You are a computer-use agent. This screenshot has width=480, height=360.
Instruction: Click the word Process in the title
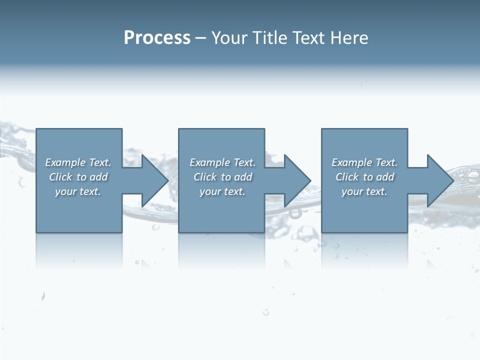[x=157, y=38]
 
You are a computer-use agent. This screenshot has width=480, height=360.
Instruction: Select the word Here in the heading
[x=350, y=38]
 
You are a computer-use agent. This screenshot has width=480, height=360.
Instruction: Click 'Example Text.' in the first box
[x=78, y=162]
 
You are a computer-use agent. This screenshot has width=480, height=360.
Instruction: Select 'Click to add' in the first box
[x=78, y=177]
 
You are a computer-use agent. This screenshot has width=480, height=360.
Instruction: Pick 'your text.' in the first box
[x=78, y=191]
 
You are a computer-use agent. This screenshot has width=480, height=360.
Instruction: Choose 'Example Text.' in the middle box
[x=222, y=162]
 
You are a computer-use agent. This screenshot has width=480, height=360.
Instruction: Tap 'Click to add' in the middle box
[x=222, y=177]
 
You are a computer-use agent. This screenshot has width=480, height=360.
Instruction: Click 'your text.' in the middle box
[x=222, y=191]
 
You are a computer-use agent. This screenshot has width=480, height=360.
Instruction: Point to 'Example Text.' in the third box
[x=364, y=162]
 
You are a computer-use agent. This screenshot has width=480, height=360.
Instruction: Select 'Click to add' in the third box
[x=364, y=177]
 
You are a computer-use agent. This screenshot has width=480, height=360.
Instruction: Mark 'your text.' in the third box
[x=364, y=191]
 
